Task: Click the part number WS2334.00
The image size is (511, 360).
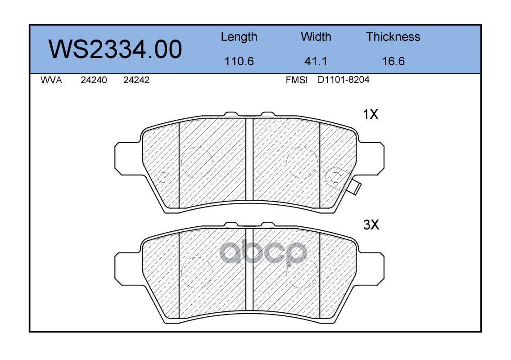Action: (115, 49)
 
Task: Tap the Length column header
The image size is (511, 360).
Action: (239, 37)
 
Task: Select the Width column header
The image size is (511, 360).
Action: (316, 36)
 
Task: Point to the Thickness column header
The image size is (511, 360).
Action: (393, 36)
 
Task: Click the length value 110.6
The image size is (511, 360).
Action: (239, 61)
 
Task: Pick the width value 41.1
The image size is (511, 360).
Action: (316, 61)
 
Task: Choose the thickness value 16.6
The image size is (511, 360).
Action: (393, 61)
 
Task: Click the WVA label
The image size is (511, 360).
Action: (51, 80)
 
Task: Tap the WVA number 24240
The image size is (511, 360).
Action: (94, 80)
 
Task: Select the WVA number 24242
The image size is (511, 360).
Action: (136, 80)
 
